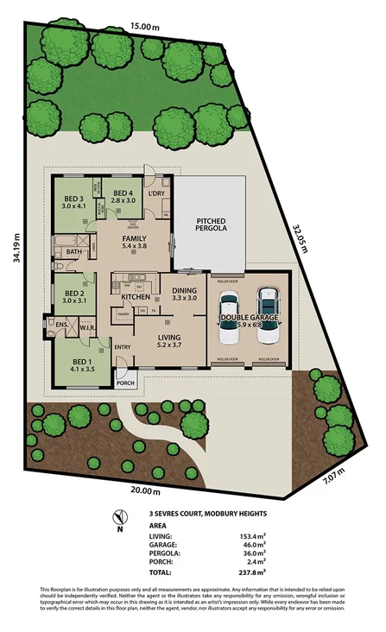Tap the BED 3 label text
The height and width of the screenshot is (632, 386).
[72, 199]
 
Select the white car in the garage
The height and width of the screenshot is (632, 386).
[229, 315]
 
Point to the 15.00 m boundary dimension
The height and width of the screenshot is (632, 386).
[144, 27]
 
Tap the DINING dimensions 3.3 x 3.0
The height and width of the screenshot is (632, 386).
[186, 298]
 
